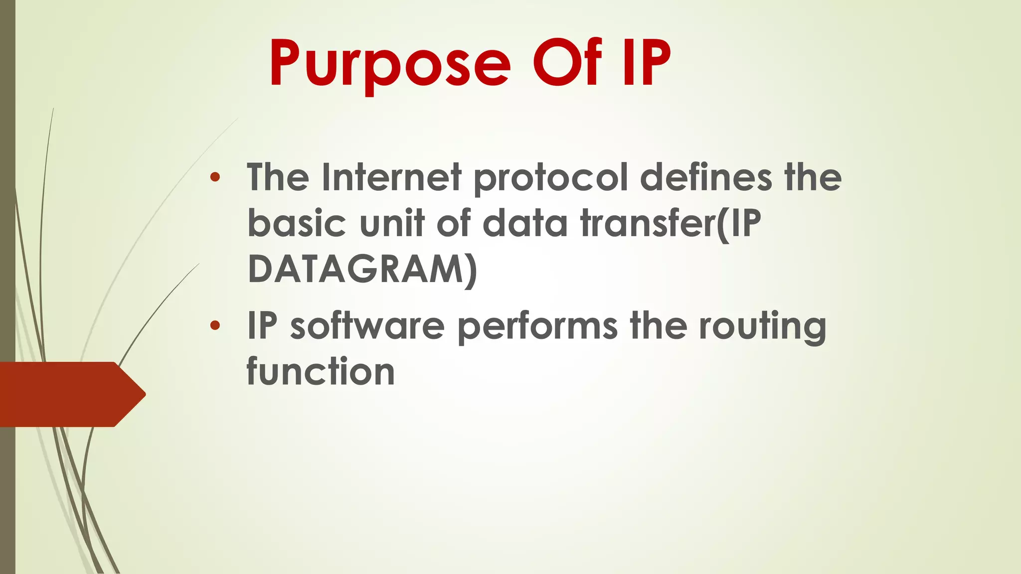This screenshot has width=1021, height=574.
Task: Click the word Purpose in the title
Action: pyautogui.click(x=390, y=65)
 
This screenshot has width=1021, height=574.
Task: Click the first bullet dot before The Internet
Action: pyautogui.click(x=215, y=177)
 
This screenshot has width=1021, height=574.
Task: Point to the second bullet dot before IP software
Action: pyautogui.click(x=215, y=326)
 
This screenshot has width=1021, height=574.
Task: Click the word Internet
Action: pyautogui.click(x=391, y=177)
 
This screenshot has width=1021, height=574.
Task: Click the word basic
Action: pyautogui.click(x=297, y=223)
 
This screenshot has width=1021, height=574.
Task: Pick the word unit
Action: pyautogui.click(x=391, y=223)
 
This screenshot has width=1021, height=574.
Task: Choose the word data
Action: pyautogui.click(x=525, y=223)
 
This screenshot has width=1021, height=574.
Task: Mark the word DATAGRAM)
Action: pyautogui.click(x=362, y=270)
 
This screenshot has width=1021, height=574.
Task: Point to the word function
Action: pyautogui.click(x=321, y=372)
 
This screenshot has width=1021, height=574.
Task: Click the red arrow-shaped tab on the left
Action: pyautogui.click(x=70, y=394)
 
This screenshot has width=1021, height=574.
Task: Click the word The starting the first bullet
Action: pyautogui.click(x=278, y=177)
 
